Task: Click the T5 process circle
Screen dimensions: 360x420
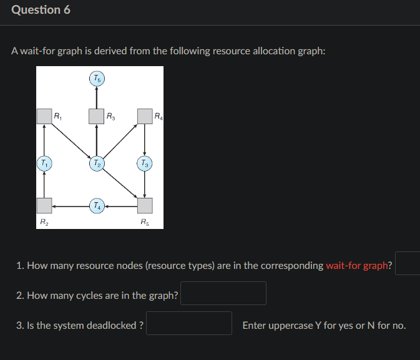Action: point(96,79)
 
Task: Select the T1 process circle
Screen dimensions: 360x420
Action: point(44,163)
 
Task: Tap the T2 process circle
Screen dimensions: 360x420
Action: point(96,163)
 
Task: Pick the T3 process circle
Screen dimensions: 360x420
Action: point(145,163)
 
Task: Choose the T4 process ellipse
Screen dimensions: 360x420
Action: point(96,205)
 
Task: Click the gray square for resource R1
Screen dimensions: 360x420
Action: point(44,116)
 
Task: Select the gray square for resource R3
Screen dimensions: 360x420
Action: point(96,116)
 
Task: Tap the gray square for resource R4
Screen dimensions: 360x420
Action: point(145,116)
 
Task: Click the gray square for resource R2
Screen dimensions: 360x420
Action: point(44,205)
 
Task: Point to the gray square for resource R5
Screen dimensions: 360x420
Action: point(145,205)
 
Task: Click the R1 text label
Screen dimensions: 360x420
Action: point(57,115)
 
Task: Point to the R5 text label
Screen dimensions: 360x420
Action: point(144,221)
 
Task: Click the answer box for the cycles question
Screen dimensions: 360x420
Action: point(223,293)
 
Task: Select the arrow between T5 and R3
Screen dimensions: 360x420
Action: point(96,97)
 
